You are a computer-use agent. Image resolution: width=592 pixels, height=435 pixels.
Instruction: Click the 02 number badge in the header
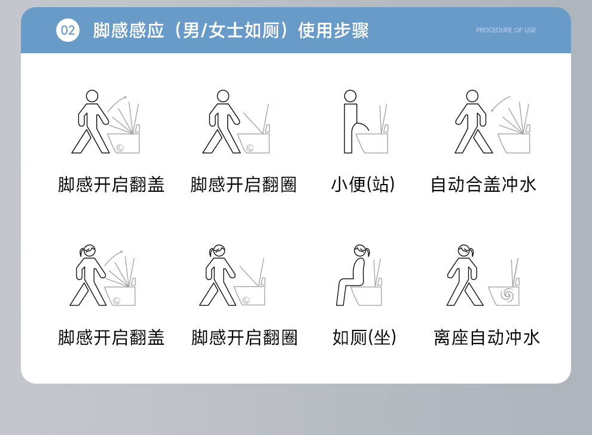tap(68, 30)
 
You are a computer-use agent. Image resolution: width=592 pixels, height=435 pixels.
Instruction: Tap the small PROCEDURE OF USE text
tap(506, 30)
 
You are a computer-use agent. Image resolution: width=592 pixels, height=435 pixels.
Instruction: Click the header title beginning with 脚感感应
tap(231, 30)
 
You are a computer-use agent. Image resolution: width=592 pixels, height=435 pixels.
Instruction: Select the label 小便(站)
tap(363, 185)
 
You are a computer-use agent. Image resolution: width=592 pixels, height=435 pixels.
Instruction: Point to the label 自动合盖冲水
tap(484, 185)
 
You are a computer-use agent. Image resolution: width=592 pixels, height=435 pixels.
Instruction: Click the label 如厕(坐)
tap(364, 337)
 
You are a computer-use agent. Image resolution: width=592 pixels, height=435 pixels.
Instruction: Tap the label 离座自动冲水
tap(487, 337)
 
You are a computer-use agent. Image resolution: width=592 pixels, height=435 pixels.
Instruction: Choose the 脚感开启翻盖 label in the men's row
tap(111, 185)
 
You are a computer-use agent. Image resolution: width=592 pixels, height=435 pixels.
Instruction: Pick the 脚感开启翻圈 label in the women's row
tap(245, 337)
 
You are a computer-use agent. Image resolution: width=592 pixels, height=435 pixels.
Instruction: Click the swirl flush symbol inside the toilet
tap(506, 295)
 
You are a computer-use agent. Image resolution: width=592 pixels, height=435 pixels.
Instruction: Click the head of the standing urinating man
tap(350, 96)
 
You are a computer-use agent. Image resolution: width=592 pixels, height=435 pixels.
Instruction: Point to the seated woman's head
tap(361, 250)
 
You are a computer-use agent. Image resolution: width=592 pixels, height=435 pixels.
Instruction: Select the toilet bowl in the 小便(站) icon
tap(372, 143)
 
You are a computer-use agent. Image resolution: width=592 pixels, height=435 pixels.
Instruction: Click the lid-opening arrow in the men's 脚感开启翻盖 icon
tap(117, 103)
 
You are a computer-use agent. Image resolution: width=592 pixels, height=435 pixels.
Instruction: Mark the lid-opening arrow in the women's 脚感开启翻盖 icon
tap(113, 258)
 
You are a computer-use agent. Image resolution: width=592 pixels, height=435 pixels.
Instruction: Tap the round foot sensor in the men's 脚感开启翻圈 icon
tap(250, 148)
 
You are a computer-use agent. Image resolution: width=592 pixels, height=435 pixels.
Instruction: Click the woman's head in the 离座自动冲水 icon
tap(465, 250)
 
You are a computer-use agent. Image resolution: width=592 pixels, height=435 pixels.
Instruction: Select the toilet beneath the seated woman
tap(366, 296)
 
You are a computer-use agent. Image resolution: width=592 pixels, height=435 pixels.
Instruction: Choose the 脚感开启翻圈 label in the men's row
tap(243, 185)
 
